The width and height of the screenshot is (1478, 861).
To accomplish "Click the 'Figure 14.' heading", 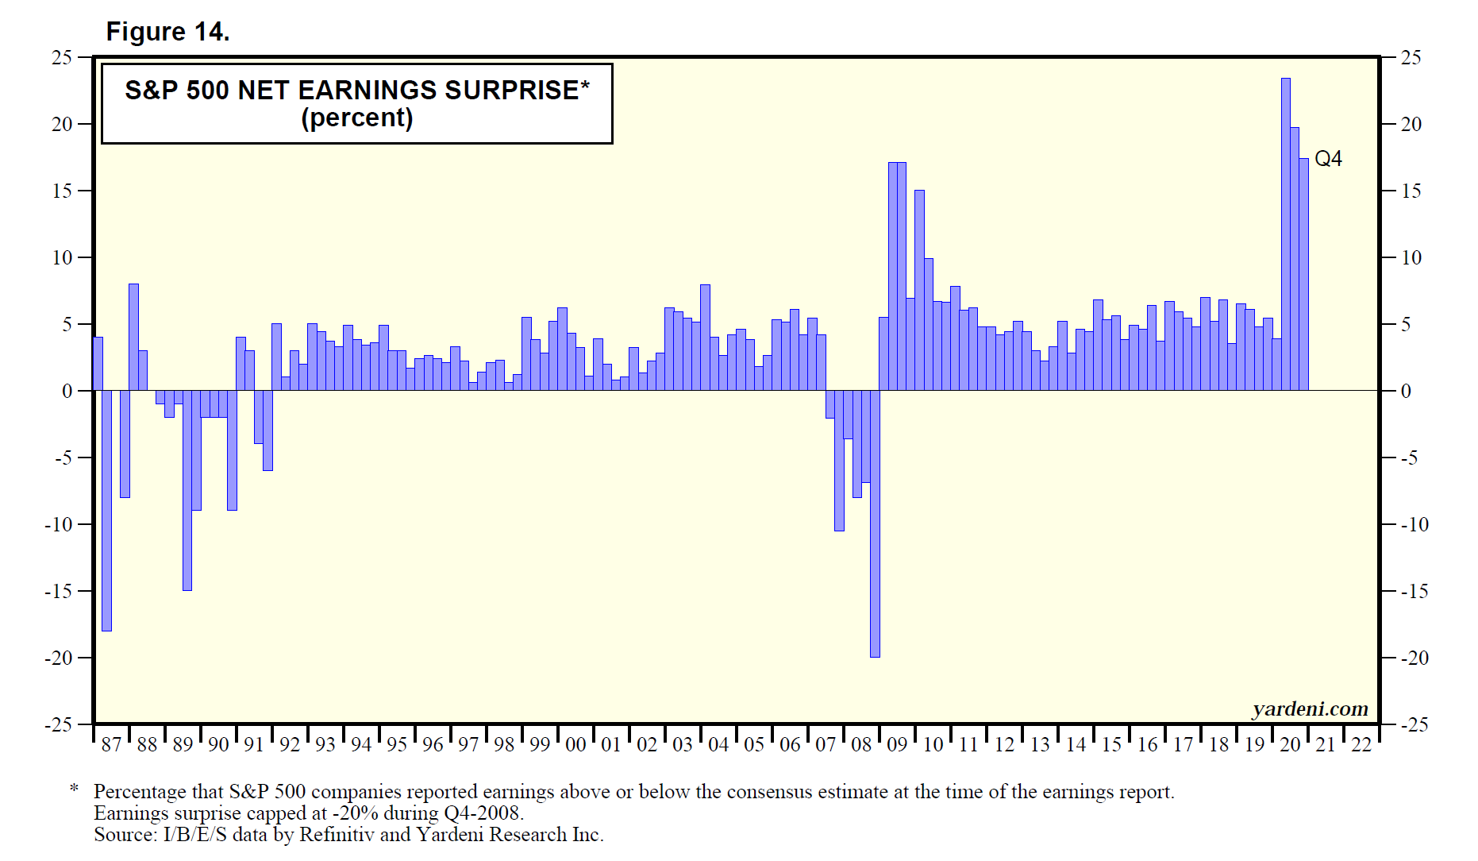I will tap(167, 32).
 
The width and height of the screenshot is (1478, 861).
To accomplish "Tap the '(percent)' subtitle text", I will tap(356, 118).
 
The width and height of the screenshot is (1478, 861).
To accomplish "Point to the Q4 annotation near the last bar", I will tap(1328, 159).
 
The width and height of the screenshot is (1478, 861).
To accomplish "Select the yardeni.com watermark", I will tap(1310, 708).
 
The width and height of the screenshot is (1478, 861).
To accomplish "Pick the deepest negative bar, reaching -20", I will tap(875, 524).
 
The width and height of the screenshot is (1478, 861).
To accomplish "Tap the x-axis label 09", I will tap(897, 745).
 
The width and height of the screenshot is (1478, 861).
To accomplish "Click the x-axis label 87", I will tap(111, 745).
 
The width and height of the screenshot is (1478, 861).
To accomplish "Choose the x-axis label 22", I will tap(1361, 745).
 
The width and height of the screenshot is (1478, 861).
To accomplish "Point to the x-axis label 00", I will tap(575, 745).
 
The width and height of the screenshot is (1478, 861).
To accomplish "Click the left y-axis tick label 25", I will tap(61, 57).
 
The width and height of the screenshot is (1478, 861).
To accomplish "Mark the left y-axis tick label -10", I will tap(58, 524).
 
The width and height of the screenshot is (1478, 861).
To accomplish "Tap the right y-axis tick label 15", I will tap(1411, 191).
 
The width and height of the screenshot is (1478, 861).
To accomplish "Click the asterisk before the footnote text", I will tap(74, 790).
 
